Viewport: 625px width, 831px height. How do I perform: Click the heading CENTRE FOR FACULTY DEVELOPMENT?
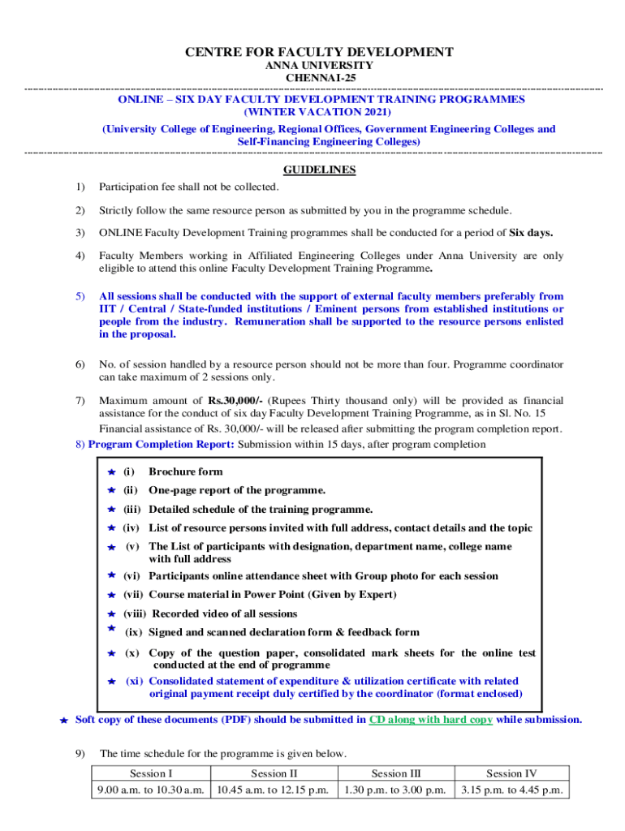(319, 53)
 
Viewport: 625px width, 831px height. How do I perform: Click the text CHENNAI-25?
(318, 77)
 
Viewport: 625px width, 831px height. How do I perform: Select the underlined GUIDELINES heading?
(318, 170)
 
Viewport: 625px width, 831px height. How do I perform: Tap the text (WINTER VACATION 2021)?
(318, 111)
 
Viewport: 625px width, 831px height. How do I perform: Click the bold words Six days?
(531, 233)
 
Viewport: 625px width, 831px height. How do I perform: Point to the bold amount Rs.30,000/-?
(235, 401)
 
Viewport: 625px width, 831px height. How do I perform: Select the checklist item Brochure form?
(185, 471)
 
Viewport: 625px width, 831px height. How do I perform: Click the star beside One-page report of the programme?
(112, 490)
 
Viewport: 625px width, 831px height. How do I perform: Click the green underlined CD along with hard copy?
(430, 719)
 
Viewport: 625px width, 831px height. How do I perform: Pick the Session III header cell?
(394, 773)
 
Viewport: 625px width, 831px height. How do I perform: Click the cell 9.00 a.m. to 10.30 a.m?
(150, 790)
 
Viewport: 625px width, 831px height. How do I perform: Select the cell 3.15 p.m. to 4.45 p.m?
(511, 790)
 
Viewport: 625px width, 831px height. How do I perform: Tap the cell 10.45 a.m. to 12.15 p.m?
(272, 790)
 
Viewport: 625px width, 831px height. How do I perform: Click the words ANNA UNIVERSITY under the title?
(318, 65)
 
